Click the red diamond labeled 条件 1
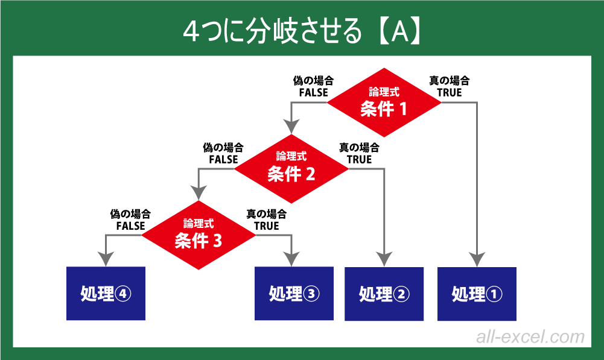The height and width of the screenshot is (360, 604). (x=384, y=103)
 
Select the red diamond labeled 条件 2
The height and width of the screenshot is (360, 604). (x=291, y=168)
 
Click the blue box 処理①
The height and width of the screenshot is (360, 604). (x=477, y=294)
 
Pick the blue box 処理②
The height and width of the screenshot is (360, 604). (x=384, y=294)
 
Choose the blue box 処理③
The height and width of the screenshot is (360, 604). (x=294, y=294)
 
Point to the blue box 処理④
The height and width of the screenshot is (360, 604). (x=106, y=294)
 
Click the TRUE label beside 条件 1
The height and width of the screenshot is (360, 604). (x=450, y=93)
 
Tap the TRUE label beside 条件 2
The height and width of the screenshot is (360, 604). (x=359, y=160)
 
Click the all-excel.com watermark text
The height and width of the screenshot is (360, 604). (x=530, y=337)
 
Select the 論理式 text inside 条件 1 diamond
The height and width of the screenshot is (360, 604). (x=384, y=91)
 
